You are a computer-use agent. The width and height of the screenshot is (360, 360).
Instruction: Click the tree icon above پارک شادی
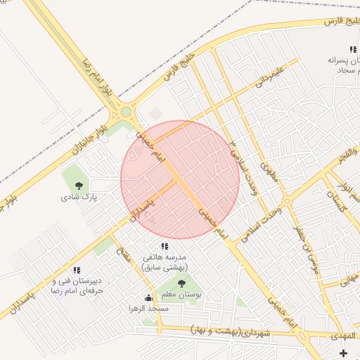pos(78,186)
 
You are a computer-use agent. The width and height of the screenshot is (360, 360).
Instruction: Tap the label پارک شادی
pos(79,198)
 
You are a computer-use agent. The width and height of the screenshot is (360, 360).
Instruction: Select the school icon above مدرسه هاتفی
pos(165,246)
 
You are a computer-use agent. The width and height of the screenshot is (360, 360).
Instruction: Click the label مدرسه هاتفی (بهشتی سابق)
pos(165,262)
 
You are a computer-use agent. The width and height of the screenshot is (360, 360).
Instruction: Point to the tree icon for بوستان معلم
pos(182,283)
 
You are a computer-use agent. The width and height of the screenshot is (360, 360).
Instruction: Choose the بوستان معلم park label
pos(182,295)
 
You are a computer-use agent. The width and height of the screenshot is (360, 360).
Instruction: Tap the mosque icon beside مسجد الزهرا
pos(148,297)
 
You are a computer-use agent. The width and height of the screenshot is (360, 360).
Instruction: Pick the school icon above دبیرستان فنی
pos(77,270)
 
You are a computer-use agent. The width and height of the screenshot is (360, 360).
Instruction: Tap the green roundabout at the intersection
pos(127,110)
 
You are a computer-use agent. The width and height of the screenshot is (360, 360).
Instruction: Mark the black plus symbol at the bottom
pos(343,352)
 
